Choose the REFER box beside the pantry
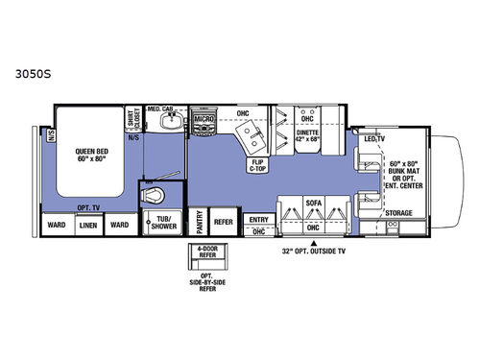(x=223, y=220)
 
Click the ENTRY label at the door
(x=256, y=219)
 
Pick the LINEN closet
(x=88, y=226)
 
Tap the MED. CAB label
(x=159, y=109)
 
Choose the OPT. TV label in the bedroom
(x=88, y=207)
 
